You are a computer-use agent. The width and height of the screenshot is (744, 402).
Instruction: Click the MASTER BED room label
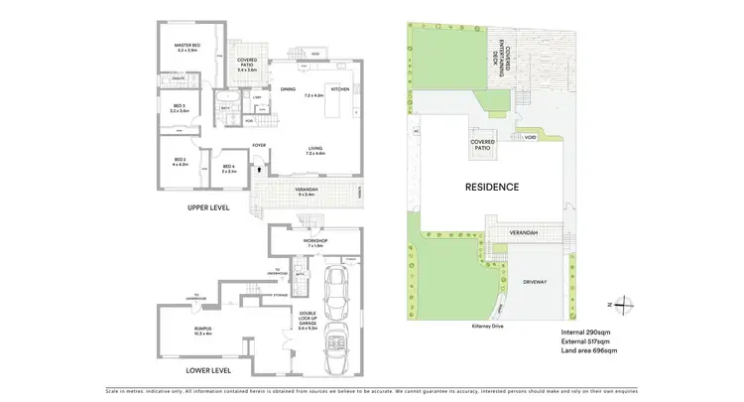pos(188,45)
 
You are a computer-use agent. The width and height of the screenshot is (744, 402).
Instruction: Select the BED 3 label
pos(179,107)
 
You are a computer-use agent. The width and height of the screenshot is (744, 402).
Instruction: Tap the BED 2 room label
pos(181,160)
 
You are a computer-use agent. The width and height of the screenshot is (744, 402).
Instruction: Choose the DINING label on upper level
pos(288,90)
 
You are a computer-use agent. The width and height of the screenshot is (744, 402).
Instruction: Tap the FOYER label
pos(259,146)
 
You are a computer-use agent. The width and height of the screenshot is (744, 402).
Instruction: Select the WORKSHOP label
pos(315,239)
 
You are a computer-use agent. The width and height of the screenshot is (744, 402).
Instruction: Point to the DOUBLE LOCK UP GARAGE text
pos(309,320)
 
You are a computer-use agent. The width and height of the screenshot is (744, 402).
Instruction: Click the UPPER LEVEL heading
pos(208,207)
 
